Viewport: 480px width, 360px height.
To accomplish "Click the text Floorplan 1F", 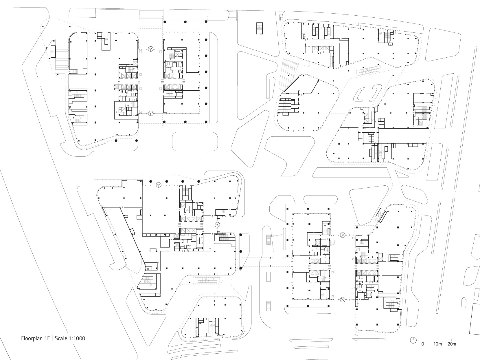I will (x=35, y=338).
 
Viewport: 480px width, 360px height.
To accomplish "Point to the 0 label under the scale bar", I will (x=423, y=344).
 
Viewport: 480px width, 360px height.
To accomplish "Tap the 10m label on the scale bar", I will (x=438, y=344).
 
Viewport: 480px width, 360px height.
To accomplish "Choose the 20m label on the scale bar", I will (x=452, y=344).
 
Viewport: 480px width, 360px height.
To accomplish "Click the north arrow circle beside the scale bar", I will (x=413, y=340).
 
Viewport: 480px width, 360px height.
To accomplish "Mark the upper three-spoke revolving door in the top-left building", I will (x=151, y=50).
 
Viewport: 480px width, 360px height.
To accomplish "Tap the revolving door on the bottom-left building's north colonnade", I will (x=159, y=185).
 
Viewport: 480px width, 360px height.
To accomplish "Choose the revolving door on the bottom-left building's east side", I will (x=218, y=225).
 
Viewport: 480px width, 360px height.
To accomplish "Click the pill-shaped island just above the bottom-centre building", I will (x=321, y=199).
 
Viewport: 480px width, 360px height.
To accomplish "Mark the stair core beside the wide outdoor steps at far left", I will (x=53, y=52).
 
